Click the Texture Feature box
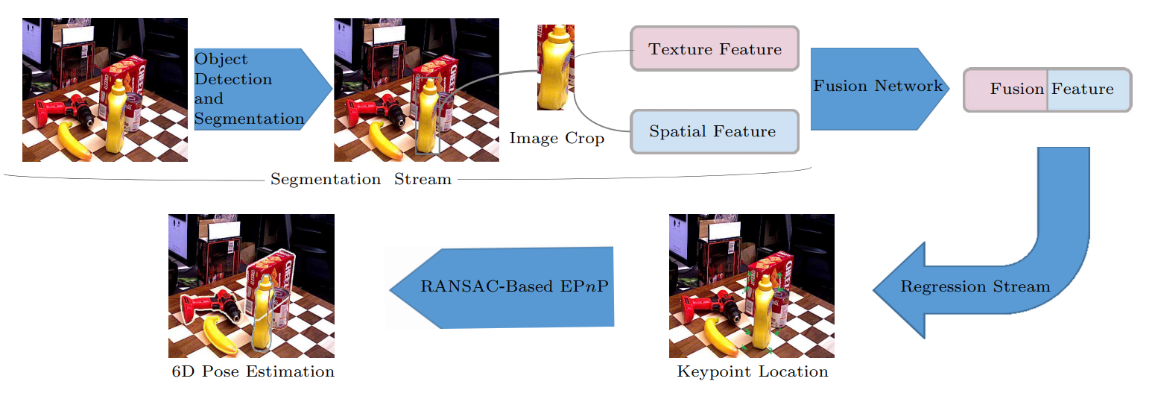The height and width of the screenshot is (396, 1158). [715, 48]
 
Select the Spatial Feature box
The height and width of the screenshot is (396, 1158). [715, 131]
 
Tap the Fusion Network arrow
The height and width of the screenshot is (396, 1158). [879, 89]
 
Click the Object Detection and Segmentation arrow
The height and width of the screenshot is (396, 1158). [262, 89]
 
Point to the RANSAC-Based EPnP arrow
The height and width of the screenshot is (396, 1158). [502, 288]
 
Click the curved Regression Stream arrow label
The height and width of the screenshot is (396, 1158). [975, 286]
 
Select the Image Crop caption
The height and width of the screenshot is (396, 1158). [557, 138]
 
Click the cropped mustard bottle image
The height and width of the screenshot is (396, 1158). [556, 67]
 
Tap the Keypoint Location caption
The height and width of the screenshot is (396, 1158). [752, 371]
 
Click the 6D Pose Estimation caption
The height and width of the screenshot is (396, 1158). [253, 371]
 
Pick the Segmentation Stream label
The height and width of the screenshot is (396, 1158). [361, 179]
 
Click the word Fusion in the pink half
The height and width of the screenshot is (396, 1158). [1017, 89]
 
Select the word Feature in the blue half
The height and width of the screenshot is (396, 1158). [1083, 89]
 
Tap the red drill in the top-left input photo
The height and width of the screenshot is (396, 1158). [65, 111]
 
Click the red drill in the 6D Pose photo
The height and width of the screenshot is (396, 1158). [210, 308]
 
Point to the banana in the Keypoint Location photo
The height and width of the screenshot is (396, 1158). [721, 336]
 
